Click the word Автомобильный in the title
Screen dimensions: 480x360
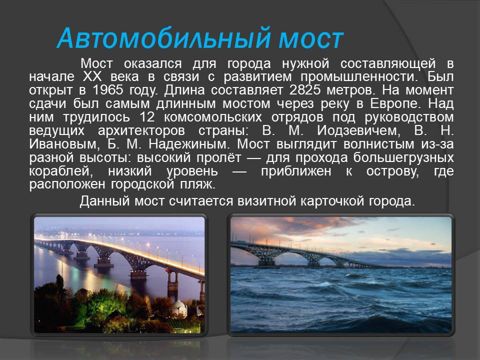pyautogui.click(x=164, y=38)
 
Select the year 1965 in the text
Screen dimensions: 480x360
pyautogui.click(x=108, y=90)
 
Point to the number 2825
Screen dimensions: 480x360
pyautogui.click(x=305, y=90)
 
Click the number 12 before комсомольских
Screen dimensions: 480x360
pyautogui.click(x=147, y=117)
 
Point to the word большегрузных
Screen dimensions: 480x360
pyautogui.click(x=403, y=157)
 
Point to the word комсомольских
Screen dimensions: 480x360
pyautogui.click(x=213, y=117)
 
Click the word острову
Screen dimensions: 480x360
pyautogui.click(x=392, y=171)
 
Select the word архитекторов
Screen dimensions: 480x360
pyautogui.click(x=141, y=130)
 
